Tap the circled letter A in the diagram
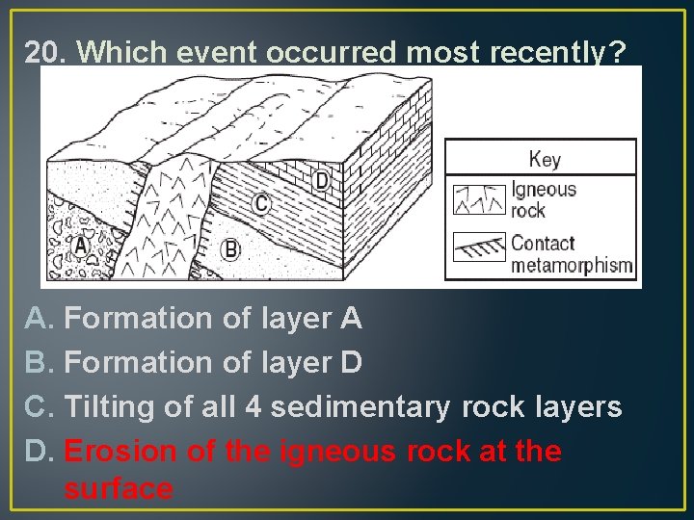click(81, 247)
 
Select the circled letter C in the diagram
click(261, 203)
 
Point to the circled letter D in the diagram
click(321, 180)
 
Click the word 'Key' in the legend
click(545, 159)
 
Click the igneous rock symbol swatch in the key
click(479, 199)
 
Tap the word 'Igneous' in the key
click(544, 190)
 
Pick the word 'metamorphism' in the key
click(573, 265)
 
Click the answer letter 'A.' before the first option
click(39, 318)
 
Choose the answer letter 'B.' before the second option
click(39, 363)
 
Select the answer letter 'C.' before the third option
click(39, 407)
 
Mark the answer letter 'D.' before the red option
click(39, 452)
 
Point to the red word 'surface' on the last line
click(119, 489)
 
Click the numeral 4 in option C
click(254, 407)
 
